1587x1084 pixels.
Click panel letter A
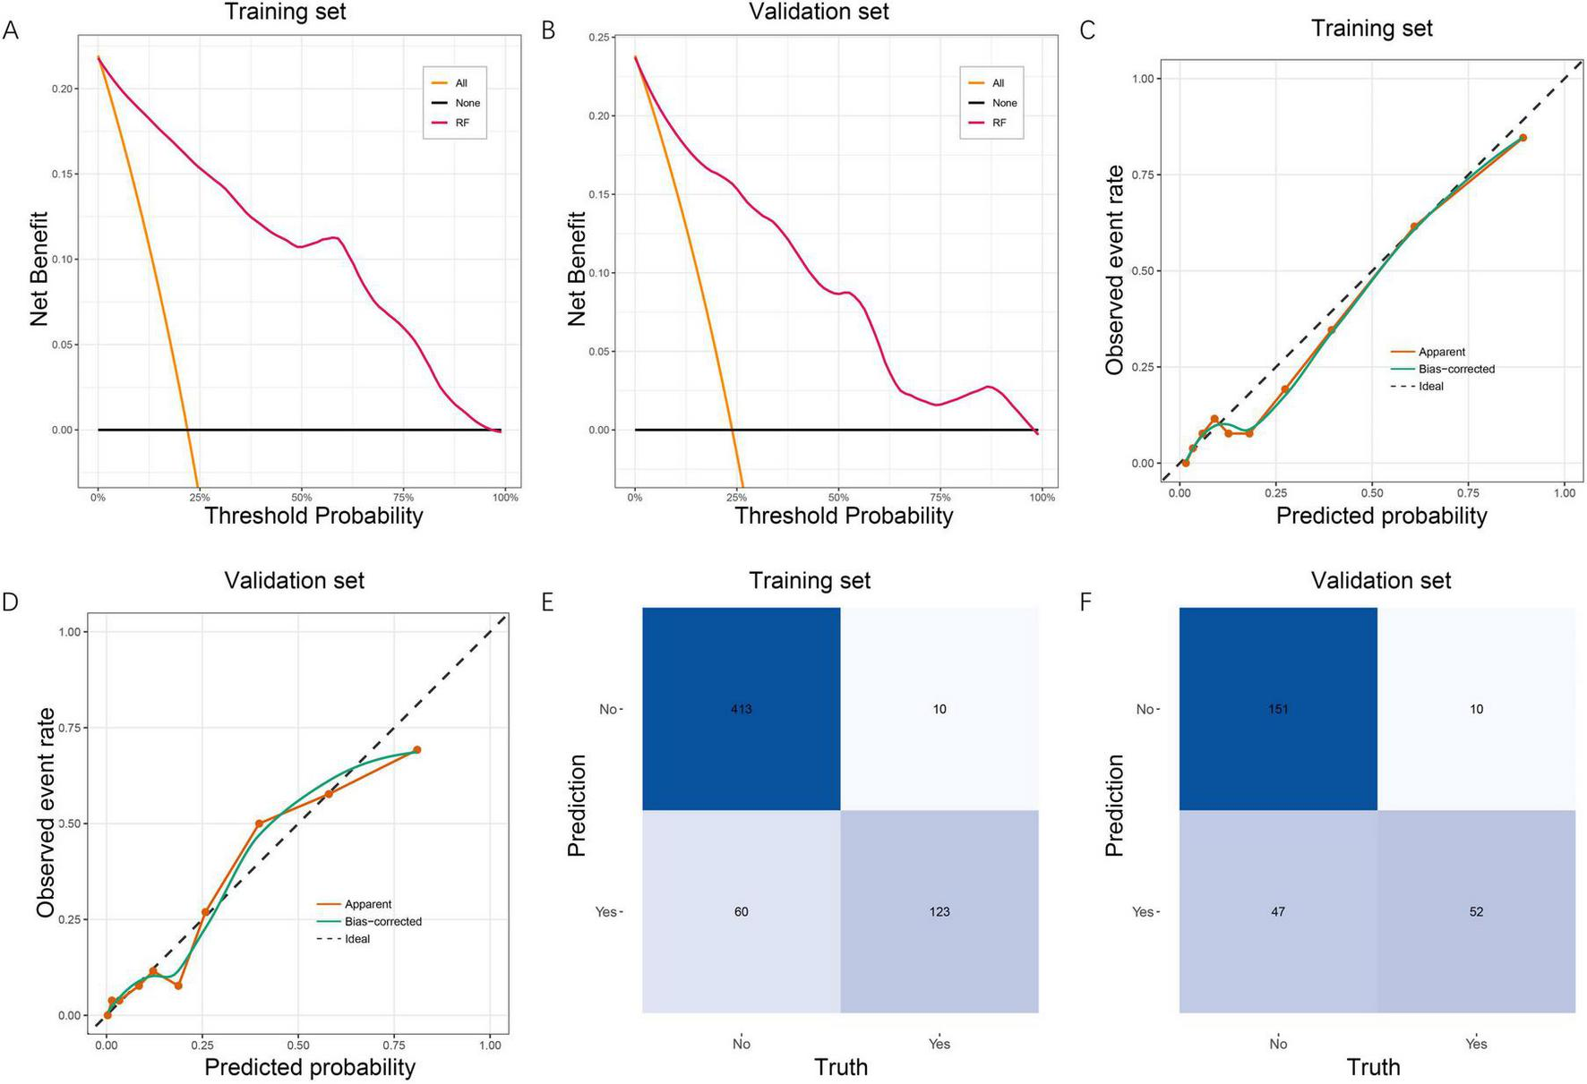coord(11,31)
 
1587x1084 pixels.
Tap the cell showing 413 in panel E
coord(741,709)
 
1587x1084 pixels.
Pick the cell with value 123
coord(939,911)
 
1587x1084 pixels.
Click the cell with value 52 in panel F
coord(1475,911)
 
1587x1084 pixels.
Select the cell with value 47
coord(1277,911)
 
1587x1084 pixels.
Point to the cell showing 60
coord(741,911)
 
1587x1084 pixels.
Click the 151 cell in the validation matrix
coord(1277,709)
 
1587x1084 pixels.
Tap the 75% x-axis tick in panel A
coord(403,497)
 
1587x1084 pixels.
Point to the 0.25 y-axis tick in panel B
coord(600,38)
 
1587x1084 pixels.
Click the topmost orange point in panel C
coord(1523,138)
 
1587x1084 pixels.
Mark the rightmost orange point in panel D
coord(416,750)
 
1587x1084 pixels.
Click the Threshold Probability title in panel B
coord(844,516)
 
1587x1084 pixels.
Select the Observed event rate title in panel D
coord(45,812)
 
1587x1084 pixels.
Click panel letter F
coord(1086,602)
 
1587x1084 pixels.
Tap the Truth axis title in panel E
coord(840,1067)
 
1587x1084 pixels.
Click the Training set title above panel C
coord(1371,29)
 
